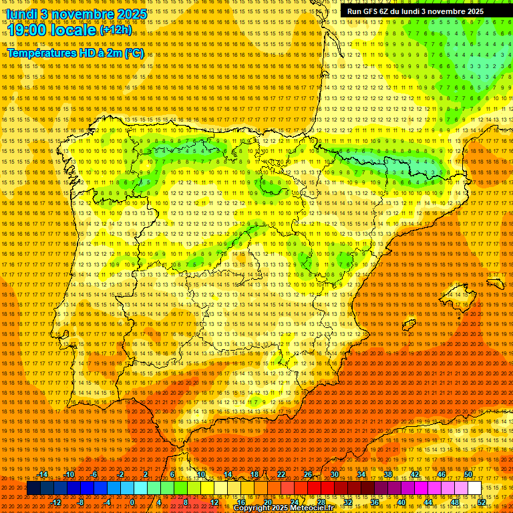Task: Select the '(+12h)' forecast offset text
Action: click(x=116, y=30)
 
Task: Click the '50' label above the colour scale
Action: click(x=468, y=475)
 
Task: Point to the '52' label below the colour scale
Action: click(x=482, y=502)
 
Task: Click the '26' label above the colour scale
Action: click(x=308, y=475)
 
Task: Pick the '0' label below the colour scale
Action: click(x=132, y=502)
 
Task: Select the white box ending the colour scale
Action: click(x=474, y=488)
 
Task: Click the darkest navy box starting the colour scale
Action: click(x=33, y=488)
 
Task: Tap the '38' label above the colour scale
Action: click(x=388, y=475)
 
